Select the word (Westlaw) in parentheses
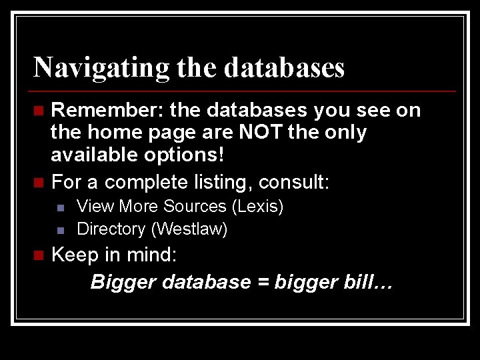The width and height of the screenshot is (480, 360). (x=189, y=229)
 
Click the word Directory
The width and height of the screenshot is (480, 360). (x=111, y=229)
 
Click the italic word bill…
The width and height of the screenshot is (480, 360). (x=368, y=282)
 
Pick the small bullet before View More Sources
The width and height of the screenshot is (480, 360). (x=60, y=207)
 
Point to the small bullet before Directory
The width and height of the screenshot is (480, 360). (x=60, y=231)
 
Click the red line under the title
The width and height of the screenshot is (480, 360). (x=244, y=91)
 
